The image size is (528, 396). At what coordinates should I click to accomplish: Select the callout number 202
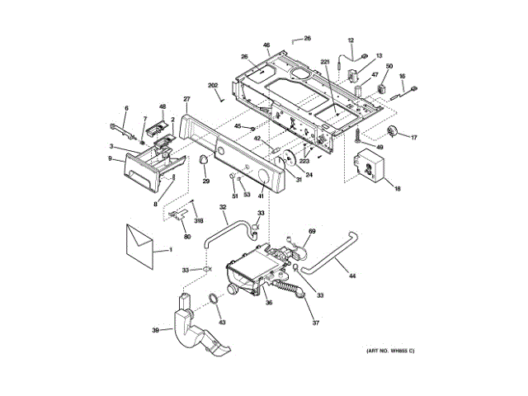click(213, 86)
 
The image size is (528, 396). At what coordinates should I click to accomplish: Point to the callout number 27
click(187, 100)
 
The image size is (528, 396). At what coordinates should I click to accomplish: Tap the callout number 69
click(313, 233)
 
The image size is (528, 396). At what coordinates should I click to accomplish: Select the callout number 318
click(198, 220)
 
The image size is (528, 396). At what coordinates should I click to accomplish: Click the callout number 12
click(350, 40)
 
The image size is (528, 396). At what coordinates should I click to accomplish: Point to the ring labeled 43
click(213, 298)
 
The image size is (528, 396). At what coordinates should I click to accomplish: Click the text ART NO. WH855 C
click(391, 352)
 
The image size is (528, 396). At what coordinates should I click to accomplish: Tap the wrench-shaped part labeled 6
click(121, 130)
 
